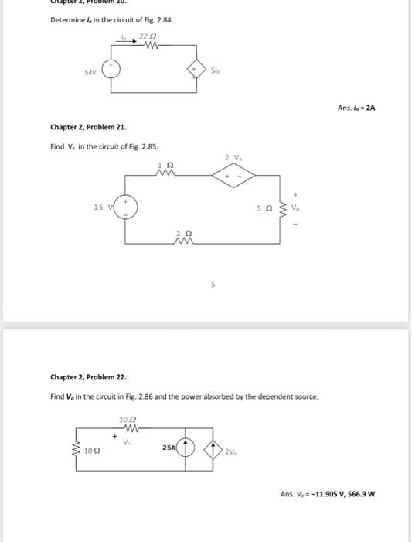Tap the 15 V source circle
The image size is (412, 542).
(126, 207)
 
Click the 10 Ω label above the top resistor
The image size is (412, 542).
(128, 419)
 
